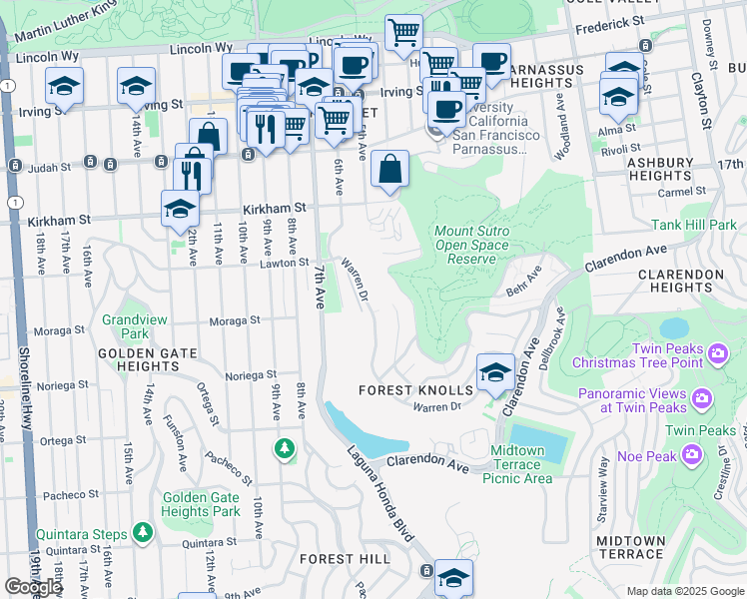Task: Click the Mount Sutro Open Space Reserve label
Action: tap(471, 245)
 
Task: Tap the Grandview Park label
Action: tap(124, 327)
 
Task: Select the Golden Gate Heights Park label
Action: tap(201, 504)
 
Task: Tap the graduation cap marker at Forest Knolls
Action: tap(494, 372)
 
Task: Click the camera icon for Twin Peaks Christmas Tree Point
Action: tap(717, 353)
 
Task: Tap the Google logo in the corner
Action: tap(33, 587)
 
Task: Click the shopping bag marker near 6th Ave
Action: tap(390, 170)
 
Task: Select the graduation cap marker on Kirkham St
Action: tap(180, 208)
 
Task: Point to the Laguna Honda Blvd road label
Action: tap(380, 492)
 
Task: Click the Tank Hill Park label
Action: tap(694, 225)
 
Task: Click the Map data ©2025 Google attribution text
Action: tap(683, 591)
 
